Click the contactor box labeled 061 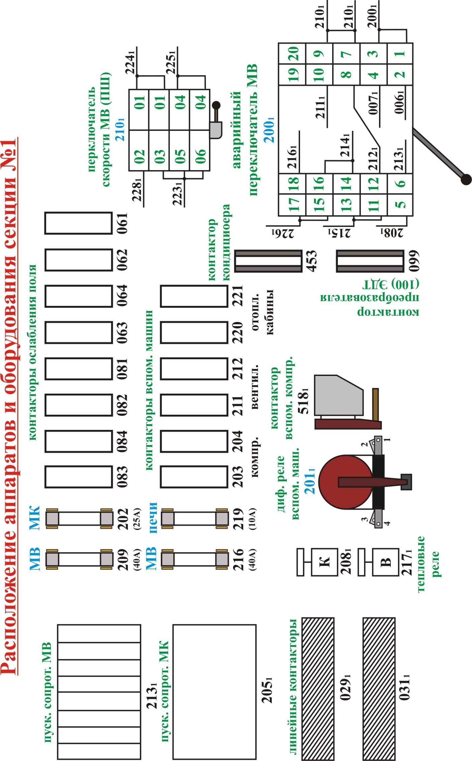[x=78, y=223]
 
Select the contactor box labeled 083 [x=78, y=476]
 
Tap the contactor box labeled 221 [x=194, y=296]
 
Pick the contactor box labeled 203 [x=194, y=476]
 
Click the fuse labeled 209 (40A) [x=79, y=559]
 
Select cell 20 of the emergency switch [x=292, y=53]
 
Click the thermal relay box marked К [x=324, y=562]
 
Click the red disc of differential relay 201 [x=346, y=482]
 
